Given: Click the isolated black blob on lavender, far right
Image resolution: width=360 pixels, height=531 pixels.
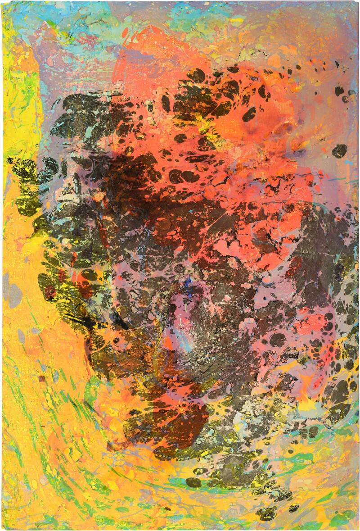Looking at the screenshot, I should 339,150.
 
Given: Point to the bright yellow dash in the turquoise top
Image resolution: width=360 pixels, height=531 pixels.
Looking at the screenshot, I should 236,20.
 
